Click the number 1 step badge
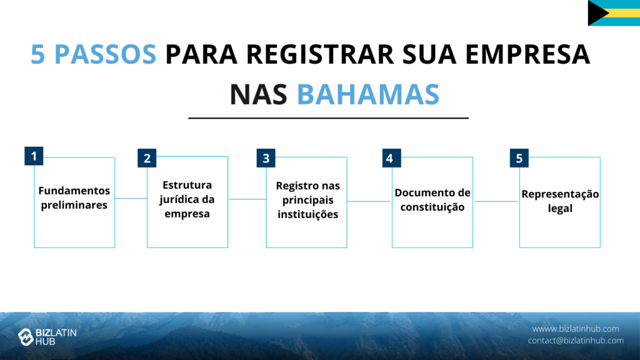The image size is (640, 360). point(34,156)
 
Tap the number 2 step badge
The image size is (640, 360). point(147,158)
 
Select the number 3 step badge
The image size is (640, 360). point(266,158)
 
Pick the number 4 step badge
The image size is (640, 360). point(391,158)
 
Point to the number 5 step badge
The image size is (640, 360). point(519,158)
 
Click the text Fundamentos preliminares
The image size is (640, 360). point(74,197)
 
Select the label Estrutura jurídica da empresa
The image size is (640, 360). point(187,199)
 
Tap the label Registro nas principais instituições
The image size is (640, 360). point(307,200)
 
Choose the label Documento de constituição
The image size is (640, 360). point(432,199)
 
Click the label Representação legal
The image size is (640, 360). point(560,201)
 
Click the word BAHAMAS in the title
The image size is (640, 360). point(367,94)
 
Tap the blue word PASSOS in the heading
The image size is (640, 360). point(105,54)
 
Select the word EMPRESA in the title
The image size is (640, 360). point(527,54)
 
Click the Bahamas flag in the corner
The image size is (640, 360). point(614,13)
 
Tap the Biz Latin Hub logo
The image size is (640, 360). point(47,337)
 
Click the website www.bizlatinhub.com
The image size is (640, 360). point(576,329)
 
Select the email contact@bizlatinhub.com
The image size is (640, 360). point(576,341)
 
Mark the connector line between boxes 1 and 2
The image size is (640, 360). point(131,198)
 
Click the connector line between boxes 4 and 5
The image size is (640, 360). point(496,201)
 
